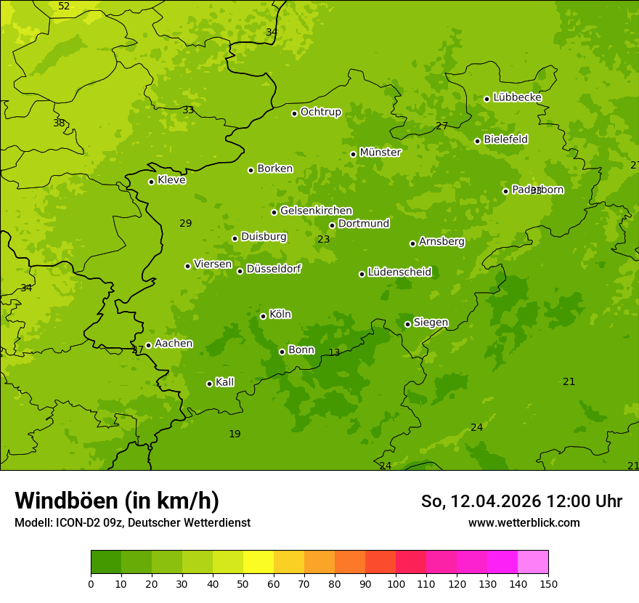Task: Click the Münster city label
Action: pyautogui.click(x=380, y=153)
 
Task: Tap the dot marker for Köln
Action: pyautogui.click(x=263, y=316)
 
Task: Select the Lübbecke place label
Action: pyautogui.click(x=517, y=97)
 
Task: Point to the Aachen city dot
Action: pyautogui.click(x=148, y=345)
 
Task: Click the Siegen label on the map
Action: pyautogui.click(x=431, y=323)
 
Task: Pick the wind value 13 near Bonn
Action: pyautogui.click(x=334, y=353)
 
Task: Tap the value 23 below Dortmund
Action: pyautogui.click(x=324, y=239)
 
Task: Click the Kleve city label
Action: pyautogui.click(x=171, y=180)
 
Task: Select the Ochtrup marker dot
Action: pyautogui.click(x=294, y=113)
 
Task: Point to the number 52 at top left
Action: pyautogui.click(x=64, y=7)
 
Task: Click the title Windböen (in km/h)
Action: pyautogui.click(x=117, y=501)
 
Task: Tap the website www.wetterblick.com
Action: pyautogui.click(x=524, y=522)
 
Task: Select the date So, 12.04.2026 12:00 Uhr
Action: pyautogui.click(x=521, y=501)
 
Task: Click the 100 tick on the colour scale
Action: pyautogui.click(x=396, y=583)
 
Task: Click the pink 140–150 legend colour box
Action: pyautogui.click(x=533, y=562)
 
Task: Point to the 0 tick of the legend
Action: pyautogui.click(x=91, y=583)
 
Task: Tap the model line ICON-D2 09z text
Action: pyautogui.click(x=132, y=522)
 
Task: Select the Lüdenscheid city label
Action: pyautogui.click(x=399, y=272)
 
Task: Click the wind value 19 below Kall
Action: pyautogui.click(x=235, y=434)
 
